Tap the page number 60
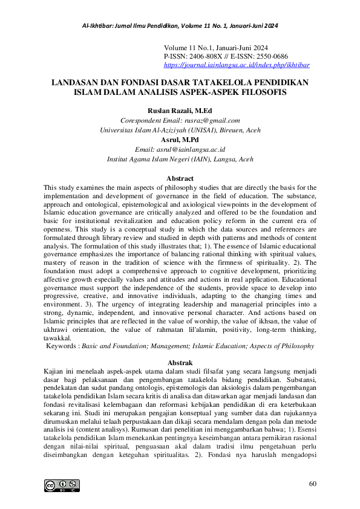pyautogui.click(x=312, y=484)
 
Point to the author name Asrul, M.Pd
pyautogui.click(x=180, y=139)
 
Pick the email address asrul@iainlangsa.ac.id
pyautogui.click(x=197, y=149)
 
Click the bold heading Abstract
pyautogui.click(x=180, y=178)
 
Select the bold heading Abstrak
pyautogui.click(x=180, y=360)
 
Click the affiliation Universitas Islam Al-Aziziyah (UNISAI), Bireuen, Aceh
pyautogui.click(x=180, y=129)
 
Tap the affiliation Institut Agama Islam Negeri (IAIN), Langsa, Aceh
pyautogui.click(x=180, y=158)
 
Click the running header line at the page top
pyautogui.click(x=180, y=27)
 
